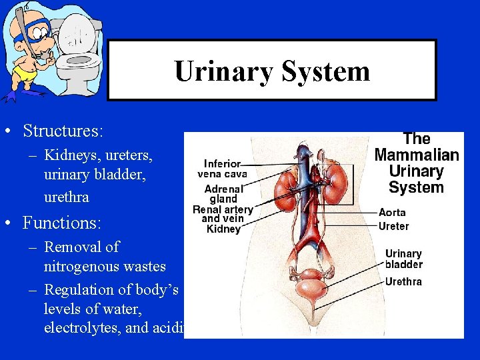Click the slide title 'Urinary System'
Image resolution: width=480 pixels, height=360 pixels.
pos(272,71)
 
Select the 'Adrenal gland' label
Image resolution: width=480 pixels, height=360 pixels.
pos(223,193)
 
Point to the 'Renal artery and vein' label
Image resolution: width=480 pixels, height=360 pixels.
pos(223,214)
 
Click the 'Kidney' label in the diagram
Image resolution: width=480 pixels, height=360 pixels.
pos(223,229)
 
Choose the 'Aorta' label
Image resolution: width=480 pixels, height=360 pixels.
pos(392,213)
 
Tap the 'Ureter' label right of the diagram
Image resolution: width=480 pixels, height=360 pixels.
pos(393,226)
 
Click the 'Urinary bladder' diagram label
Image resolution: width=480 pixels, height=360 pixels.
pos(403,259)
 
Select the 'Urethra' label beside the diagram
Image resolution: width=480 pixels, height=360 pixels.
pos(403,281)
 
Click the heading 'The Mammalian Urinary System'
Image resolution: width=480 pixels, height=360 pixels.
pos(417,163)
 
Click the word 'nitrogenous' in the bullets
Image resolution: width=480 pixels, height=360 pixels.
pos(77,267)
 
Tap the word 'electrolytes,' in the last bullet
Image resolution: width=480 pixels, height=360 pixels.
pos(84,327)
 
